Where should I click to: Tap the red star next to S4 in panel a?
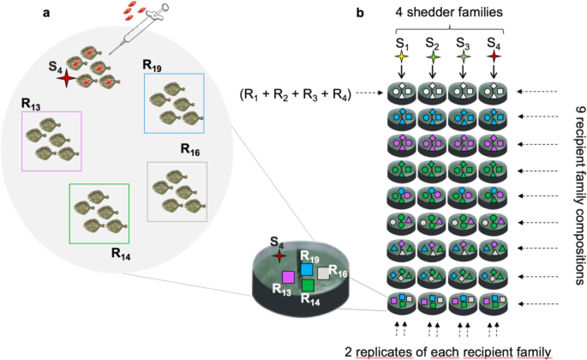point(65,79)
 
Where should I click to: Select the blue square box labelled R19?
point(174,103)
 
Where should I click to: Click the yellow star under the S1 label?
point(402,57)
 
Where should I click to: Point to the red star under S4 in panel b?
point(494,57)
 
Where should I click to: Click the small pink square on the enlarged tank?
point(289,277)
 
